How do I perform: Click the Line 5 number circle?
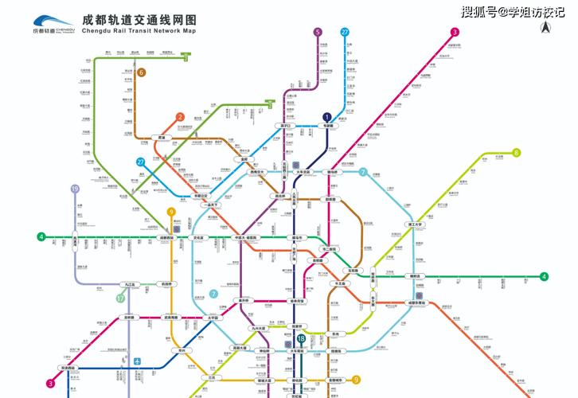click(x=318, y=32)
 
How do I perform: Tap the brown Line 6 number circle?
click(x=141, y=72)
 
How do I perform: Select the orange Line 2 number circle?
click(x=180, y=117)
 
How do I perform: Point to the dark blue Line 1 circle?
click(x=326, y=116)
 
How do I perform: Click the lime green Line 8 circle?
click(x=516, y=153)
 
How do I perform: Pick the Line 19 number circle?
click(x=75, y=189)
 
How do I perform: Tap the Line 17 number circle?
click(x=120, y=298)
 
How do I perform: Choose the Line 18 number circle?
click(x=301, y=338)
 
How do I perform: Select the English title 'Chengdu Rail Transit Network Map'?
click(x=139, y=31)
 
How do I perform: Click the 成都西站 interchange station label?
click(x=166, y=238)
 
